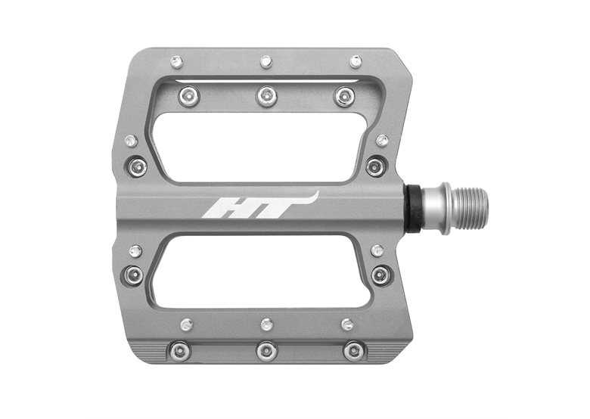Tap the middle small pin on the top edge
(266, 62)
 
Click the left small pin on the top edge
(176, 62)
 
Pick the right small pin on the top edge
(356, 61)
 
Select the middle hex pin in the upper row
(267, 96)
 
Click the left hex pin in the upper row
(189, 96)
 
